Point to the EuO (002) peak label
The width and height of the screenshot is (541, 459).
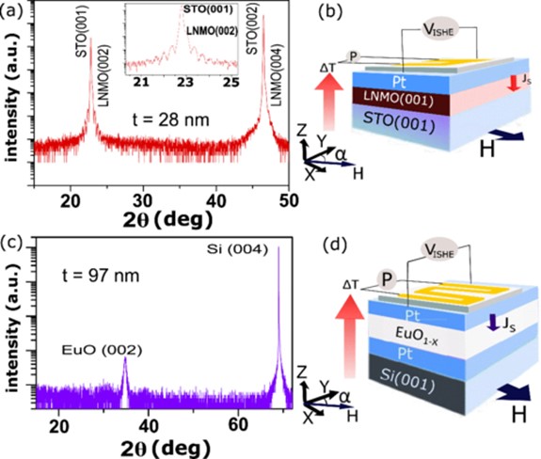tap(111, 350)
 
